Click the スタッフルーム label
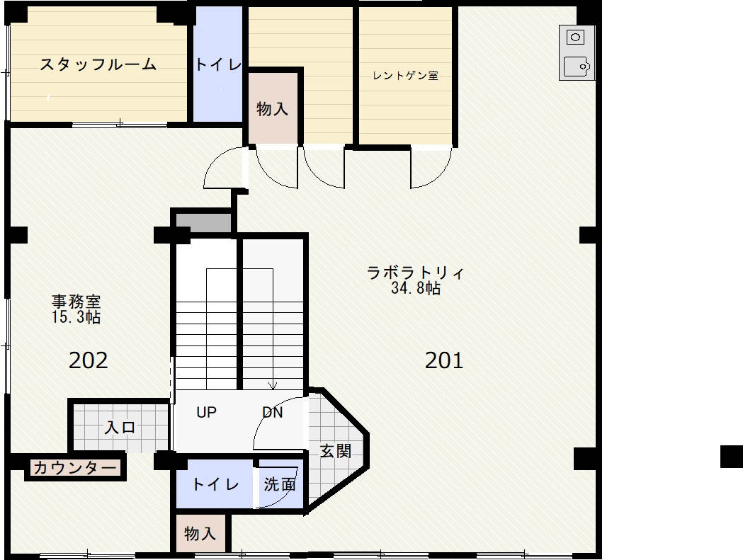click(98, 64)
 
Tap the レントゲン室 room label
click(406, 76)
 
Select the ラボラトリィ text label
click(416, 273)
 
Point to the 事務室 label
click(76, 302)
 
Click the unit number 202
click(88, 360)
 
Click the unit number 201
click(444, 360)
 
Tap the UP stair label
click(207, 412)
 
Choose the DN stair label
click(273, 412)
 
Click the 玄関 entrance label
click(336, 451)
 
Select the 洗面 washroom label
click(280, 484)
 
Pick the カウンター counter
click(75, 468)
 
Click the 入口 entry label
click(120, 428)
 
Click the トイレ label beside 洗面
click(215, 484)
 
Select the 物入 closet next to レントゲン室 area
click(273, 108)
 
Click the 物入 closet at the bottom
click(200, 534)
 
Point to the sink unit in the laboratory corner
click(577, 52)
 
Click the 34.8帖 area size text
click(416, 288)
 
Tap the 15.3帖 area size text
click(76, 317)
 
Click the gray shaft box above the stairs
click(204, 223)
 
